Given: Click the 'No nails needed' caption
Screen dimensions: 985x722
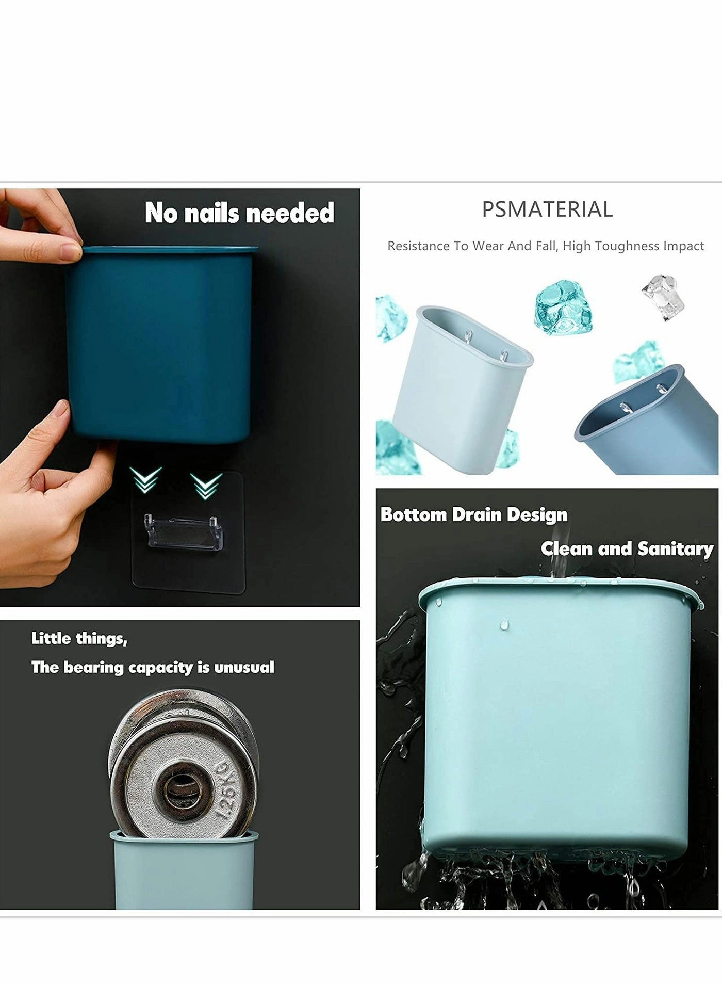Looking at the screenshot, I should pyautogui.click(x=239, y=213).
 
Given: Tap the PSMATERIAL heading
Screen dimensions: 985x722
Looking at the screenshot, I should pyautogui.click(x=547, y=209).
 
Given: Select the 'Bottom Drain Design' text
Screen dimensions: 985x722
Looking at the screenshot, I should pyautogui.click(x=474, y=514).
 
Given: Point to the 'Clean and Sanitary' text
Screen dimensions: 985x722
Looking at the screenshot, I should pyautogui.click(x=627, y=548).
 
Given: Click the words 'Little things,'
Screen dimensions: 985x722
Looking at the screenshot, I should pyautogui.click(x=79, y=639).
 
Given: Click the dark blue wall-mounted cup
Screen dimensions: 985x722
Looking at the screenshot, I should pyautogui.click(x=160, y=346).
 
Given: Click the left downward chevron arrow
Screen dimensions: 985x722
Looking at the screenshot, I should pyautogui.click(x=145, y=479).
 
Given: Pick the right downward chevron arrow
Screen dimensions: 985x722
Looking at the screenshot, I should pyautogui.click(x=206, y=485).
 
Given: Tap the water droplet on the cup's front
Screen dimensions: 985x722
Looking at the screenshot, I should pyautogui.click(x=503, y=625).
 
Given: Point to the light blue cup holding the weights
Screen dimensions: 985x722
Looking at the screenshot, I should pyautogui.click(x=183, y=873).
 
